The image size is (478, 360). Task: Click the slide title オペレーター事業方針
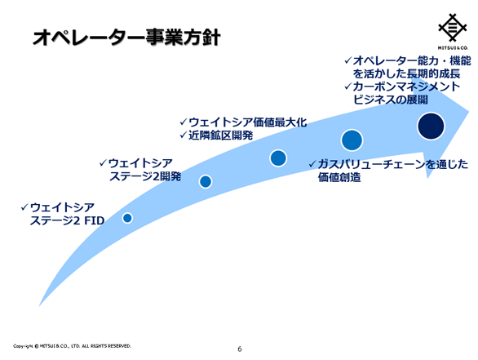pos(126,38)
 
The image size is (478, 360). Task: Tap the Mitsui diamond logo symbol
pos(453,27)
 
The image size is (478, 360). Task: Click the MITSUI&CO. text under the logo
pos(453,48)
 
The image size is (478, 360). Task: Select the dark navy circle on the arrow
pos(431,126)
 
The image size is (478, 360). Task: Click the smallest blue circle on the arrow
pos(127,218)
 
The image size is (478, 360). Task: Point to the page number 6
pos(240,349)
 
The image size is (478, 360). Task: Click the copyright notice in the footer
pos(73,346)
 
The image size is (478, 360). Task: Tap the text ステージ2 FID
pos(67,220)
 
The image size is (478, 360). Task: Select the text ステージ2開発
pos(145,176)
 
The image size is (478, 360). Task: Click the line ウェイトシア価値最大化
pos(247,122)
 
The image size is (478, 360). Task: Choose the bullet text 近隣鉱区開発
pos(221,136)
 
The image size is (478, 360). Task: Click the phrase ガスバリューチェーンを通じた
pos(392,164)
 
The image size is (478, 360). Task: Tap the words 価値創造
pos(339,177)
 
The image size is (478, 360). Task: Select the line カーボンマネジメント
pos(406,87)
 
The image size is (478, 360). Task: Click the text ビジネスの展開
pos(391,100)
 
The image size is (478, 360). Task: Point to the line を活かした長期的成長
pos(406,73)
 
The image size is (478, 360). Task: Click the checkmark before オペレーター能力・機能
pos(348,60)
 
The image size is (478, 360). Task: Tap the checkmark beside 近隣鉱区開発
pos(184,135)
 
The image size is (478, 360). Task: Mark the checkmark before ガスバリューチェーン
pos(312,164)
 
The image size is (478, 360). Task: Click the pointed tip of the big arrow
pos(469,111)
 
